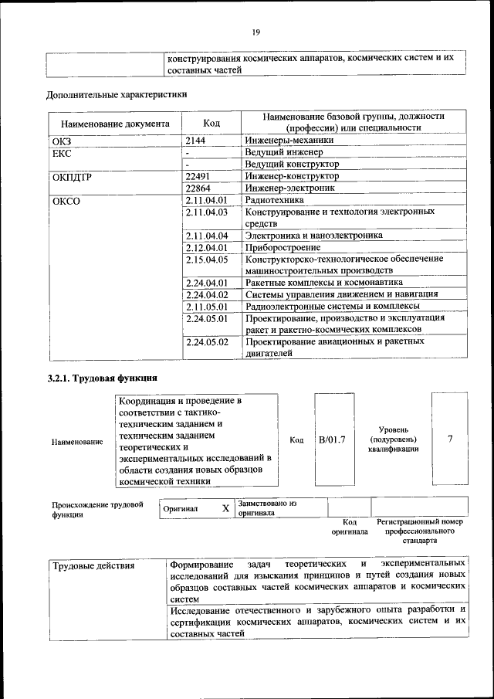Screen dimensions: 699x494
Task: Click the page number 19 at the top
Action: (255, 32)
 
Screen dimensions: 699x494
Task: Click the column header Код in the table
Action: (211, 122)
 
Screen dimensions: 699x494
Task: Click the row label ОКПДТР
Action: (72, 177)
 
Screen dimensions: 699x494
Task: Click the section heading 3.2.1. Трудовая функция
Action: (102, 378)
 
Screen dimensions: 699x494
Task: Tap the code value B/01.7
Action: (333, 439)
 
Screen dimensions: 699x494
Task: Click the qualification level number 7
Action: (449, 439)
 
